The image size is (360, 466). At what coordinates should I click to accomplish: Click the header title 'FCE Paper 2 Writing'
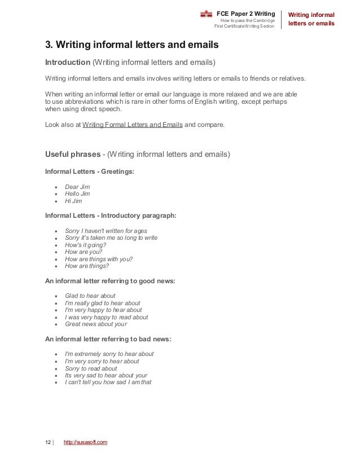click(246, 13)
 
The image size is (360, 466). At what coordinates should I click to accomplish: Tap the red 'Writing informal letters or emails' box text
click(311, 19)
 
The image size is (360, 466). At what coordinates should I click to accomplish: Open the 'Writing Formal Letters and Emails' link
click(132, 126)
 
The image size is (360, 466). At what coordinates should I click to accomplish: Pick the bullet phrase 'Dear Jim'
click(77, 187)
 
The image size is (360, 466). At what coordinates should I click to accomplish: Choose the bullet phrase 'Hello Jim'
click(77, 194)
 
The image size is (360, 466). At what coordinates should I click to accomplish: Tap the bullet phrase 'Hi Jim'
click(73, 200)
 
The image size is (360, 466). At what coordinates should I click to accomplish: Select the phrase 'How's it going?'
click(85, 245)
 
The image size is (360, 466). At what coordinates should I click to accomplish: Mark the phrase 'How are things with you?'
click(99, 259)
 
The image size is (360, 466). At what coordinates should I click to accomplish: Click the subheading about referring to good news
click(104, 280)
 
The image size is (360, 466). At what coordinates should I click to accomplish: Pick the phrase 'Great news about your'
click(96, 324)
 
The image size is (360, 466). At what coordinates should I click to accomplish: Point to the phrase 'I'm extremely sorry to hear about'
click(109, 354)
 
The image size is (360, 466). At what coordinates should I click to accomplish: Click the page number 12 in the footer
click(48, 442)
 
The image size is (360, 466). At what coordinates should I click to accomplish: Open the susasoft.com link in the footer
click(85, 442)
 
